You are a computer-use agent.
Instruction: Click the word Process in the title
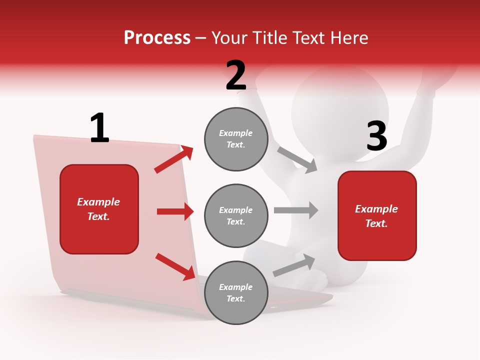click(157, 37)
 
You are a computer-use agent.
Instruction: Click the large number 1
click(99, 128)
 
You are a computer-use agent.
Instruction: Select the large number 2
click(236, 75)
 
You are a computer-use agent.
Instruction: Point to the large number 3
click(376, 136)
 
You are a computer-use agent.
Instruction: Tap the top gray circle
click(236, 139)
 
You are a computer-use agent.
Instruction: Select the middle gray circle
click(236, 215)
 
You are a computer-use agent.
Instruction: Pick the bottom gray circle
click(236, 292)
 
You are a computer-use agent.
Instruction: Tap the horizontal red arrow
click(175, 211)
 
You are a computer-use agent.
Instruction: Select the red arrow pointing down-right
click(175, 266)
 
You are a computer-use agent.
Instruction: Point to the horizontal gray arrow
click(296, 210)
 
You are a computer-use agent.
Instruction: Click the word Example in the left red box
click(98, 202)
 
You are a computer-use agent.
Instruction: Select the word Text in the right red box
click(376, 223)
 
